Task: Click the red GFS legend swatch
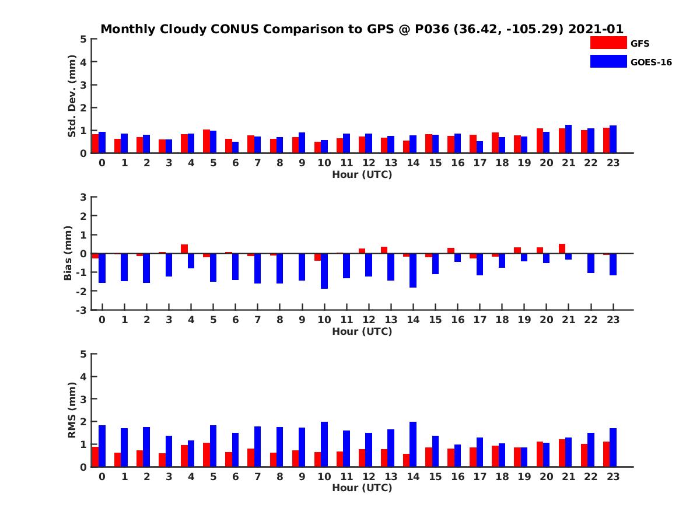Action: point(608,43)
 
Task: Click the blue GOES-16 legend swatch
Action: point(608,61)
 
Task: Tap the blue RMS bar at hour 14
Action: point(413,444)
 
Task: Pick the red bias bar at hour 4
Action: point(184,249)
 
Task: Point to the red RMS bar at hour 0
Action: point(95,457)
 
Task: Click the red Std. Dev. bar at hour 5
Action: point(206,141)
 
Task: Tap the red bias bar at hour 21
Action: point(562,249)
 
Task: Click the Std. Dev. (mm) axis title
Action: point(72,96)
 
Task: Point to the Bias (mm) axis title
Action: point(68,253)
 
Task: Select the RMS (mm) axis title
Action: point(72,410)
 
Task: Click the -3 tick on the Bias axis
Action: point(83,310)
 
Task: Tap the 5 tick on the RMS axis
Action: point(84,353)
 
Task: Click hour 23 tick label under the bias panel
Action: point(613,320)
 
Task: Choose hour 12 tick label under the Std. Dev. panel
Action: point(369,163)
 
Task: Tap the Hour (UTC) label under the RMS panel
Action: point(362,488)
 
